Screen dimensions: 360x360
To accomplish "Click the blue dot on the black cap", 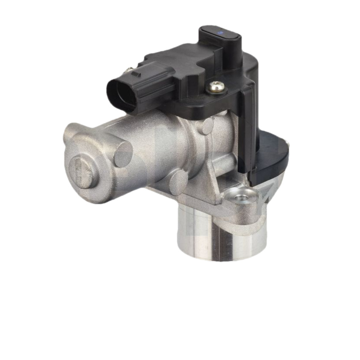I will pyautogui.click(x=220, y=32).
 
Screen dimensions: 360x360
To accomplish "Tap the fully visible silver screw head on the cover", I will pyautogui.click(x=216, y=86).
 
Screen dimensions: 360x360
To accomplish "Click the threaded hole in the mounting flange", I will pyautogui.click(x=242, y=197).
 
